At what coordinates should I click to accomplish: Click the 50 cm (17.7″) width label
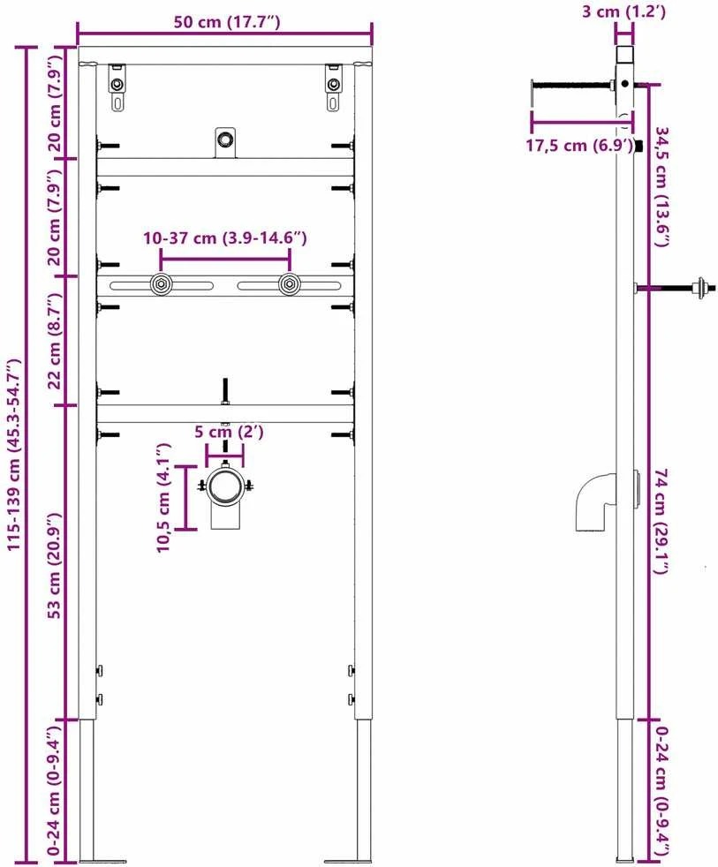tap(227, 22)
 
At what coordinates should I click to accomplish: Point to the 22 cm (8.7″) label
tap(54, 341)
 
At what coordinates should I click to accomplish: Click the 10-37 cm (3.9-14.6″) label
tap(225, 238)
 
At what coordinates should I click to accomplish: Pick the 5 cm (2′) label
tap(229, 431)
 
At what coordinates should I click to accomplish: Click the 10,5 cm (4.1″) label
tap(163, 497)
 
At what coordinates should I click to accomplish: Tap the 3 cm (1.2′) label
tap(624, 11)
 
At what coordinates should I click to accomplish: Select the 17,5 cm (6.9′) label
tap(579, 146)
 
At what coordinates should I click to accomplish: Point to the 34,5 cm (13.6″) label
tap(662, 187)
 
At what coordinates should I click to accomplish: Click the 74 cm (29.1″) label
tap(662, 521)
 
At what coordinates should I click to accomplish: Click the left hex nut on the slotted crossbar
tap(161, 285)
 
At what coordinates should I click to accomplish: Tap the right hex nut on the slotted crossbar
tap(288, 285)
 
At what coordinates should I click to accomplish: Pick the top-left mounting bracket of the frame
tap(117, 87)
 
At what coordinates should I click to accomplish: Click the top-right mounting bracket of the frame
tap(333, 87)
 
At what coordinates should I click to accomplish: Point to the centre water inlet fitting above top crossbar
tap(225, 143)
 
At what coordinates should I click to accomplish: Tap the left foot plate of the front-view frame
tap(103, 862)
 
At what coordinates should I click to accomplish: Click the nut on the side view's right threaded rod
tap(702, 287)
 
